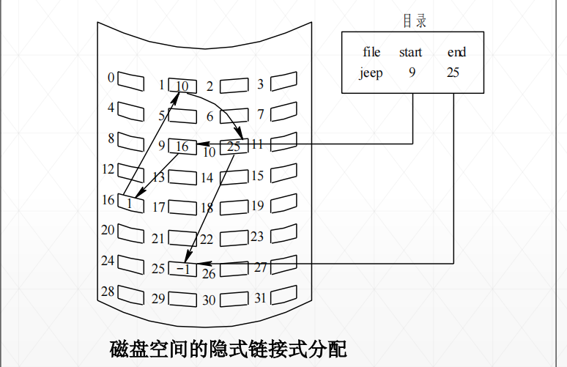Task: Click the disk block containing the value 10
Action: point(182,86)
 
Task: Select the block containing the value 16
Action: point(182,147)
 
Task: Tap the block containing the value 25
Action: point(234,147)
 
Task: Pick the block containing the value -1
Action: point(182,269)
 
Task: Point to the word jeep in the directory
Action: point(371,73)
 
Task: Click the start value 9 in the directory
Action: point(412,73)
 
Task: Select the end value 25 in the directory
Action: point(453,73)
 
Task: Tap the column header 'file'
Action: point(371,52)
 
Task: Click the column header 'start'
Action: point(410,52)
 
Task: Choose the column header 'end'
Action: point(456,52)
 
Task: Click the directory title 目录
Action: point(414,21)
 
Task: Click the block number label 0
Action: point(111,78)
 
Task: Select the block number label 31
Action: point(259,298)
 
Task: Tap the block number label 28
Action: point(108,292)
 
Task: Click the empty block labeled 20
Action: point(130,233)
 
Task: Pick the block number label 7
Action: point(260,114)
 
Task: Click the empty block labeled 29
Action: point(182,299)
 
